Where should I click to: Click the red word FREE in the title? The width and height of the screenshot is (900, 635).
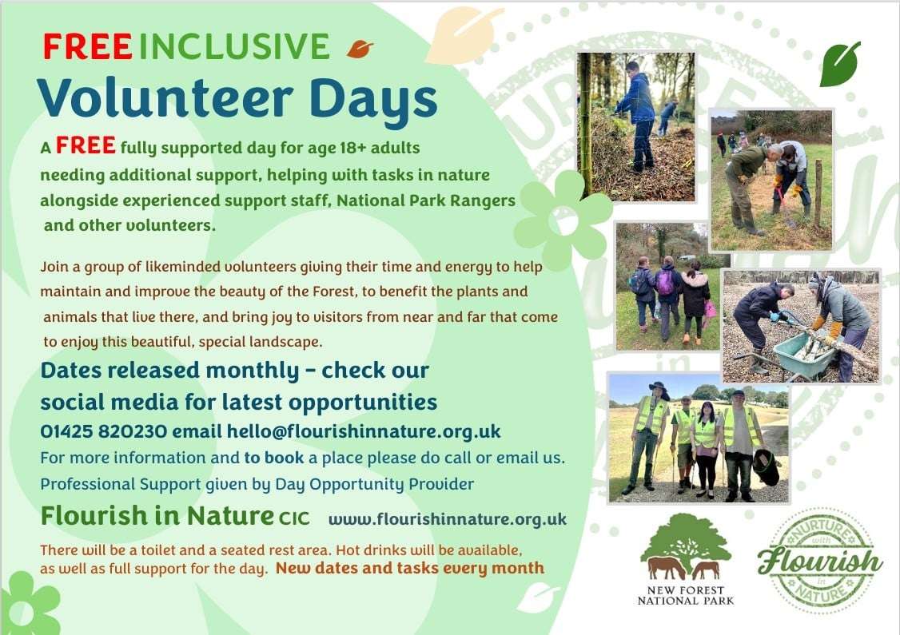point(87,47)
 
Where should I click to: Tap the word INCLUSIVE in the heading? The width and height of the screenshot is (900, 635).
point(234,47)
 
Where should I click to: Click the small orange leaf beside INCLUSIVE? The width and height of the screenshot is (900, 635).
point(360,49)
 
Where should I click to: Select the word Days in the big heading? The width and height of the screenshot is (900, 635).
point(373,99)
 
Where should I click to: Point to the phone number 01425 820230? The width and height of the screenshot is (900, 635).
point(103,431)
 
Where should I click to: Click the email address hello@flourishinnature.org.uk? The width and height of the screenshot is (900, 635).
point(364,431)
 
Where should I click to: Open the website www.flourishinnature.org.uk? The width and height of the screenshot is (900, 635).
point(447,520)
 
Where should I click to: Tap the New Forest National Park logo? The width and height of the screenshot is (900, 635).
point(686,559)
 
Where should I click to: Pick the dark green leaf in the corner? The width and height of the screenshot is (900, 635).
point(840,64)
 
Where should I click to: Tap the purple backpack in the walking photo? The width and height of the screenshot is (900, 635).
point(665,283)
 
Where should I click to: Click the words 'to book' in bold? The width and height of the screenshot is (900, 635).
point(274,458)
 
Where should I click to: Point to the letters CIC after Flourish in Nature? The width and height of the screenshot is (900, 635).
point(294,518)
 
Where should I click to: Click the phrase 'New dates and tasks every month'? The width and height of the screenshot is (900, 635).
point(410,569)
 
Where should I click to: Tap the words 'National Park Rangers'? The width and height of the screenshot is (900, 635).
point(426,200)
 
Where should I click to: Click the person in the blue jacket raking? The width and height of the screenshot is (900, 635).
point(639,115)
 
